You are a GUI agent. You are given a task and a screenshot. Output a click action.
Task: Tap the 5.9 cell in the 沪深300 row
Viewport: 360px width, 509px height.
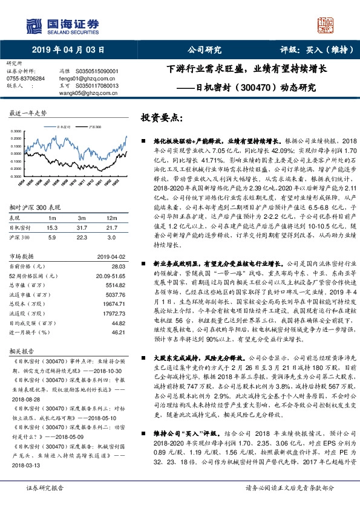pyautogui.click(x=52, y=236)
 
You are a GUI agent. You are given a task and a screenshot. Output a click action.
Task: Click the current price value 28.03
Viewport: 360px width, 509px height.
pyautogui.click(x=118, y=266)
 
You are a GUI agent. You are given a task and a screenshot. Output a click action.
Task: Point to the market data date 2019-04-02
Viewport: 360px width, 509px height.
pyautogui.click(x=110, y=256)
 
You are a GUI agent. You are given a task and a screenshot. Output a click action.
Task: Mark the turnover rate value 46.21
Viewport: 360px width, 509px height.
pyautogui.click(x=118, y=332)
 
